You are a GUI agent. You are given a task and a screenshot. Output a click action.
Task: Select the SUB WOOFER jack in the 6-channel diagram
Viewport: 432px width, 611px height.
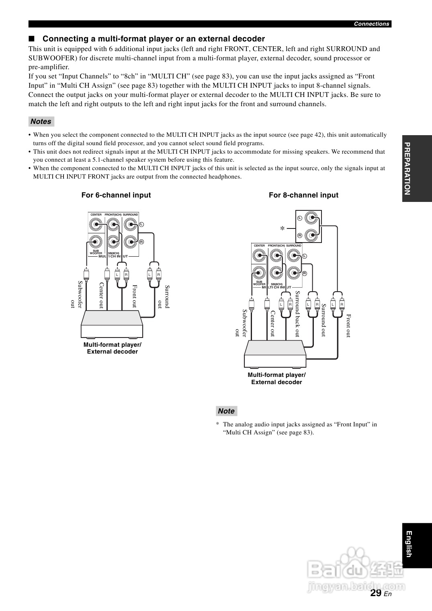[x=96, y=242]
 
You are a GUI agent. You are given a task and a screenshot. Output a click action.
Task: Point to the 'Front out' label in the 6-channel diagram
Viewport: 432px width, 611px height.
[x=135, y=296]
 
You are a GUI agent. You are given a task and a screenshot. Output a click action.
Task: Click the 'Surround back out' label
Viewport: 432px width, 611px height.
[x=298, y=313]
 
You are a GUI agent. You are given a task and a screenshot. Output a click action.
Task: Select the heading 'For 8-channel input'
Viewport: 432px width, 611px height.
[x=303, y=195]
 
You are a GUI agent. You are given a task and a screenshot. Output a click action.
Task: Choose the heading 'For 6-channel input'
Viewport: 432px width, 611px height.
[x=116, y=195]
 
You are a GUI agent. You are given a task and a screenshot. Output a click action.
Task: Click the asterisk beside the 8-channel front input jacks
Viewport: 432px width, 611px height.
[x=282, y=228]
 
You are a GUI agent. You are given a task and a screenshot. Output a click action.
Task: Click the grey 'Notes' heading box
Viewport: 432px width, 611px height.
[x=41, y=121]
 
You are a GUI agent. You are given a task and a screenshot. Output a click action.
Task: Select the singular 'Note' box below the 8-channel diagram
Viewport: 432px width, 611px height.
[x=226, y=411]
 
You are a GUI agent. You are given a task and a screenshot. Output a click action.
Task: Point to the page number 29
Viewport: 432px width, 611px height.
[x=376, y=593]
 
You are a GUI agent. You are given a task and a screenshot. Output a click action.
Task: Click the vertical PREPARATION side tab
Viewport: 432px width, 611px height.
[x=416, y=169]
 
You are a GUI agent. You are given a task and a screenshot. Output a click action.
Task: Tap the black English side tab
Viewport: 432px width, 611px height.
[x=416, y=545]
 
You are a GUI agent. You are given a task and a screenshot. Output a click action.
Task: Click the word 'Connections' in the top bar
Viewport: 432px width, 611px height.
[x=371, y=24]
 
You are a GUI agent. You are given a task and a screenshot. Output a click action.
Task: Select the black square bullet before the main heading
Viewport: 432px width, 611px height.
[x=32, y=39]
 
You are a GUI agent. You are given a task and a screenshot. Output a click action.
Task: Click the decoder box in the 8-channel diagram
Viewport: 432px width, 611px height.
[x=275, y=354]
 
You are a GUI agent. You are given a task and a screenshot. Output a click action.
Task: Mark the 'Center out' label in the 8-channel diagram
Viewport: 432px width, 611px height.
[x=272, y=323]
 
